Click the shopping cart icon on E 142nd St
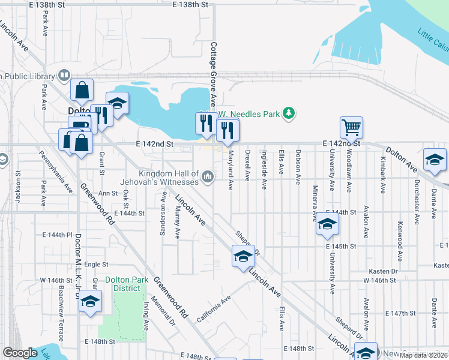(x=351, y=127)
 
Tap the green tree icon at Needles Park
(x=289, y=113)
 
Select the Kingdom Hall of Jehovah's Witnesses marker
(x=208, y=176)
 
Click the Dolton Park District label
(x=122, y=284)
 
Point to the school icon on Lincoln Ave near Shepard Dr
(x=243, y=257)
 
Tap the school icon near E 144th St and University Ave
(x=327, y=224)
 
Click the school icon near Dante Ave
(x=435, y=160)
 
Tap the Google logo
(x=20, y=353)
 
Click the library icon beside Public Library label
(x=64, y=76)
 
